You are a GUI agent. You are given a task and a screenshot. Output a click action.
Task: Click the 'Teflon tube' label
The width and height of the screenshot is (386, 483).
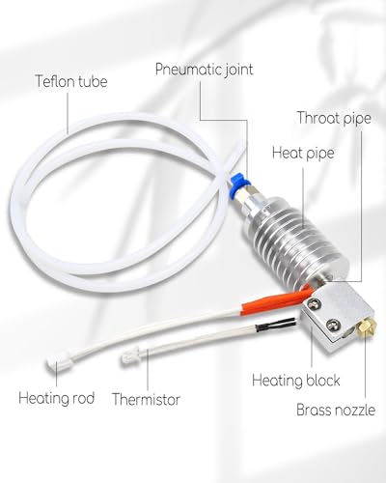(71, 81)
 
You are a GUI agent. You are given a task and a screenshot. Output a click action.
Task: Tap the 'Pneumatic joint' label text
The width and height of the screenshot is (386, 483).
(205, 70)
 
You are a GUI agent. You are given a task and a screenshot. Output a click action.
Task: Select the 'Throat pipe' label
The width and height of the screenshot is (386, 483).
(334, 118)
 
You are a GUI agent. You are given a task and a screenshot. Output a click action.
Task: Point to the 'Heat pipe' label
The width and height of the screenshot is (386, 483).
(303, 153)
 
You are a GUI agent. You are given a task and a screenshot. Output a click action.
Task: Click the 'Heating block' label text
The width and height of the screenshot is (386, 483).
(296, 381)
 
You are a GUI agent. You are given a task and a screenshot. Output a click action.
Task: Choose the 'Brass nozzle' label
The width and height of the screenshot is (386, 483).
(336, 410)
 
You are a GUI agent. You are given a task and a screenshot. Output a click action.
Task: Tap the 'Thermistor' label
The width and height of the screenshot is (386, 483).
(146, 400)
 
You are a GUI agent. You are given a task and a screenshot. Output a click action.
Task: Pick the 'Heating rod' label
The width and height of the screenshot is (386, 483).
(57, 398)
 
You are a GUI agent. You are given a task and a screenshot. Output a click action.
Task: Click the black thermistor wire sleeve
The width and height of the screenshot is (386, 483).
(275, 325)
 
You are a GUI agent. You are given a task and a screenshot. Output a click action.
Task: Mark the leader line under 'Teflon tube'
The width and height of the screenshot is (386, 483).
(68, 113)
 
